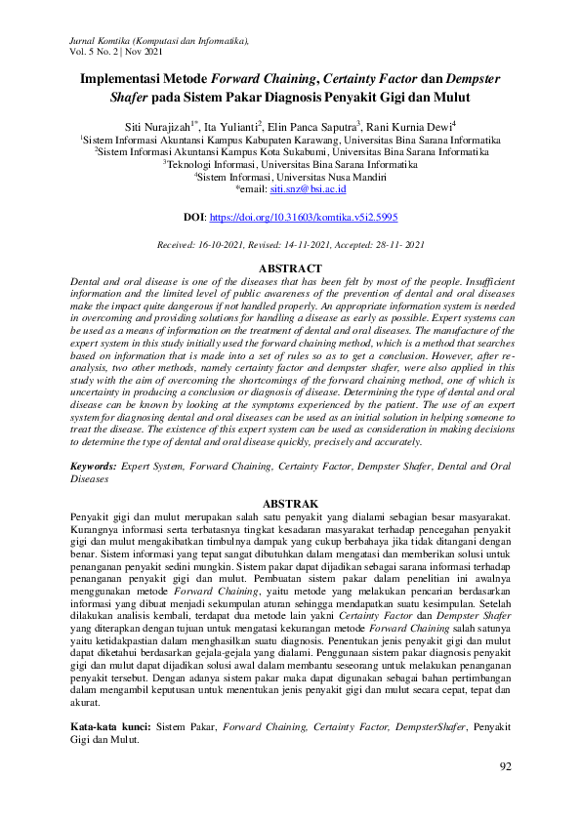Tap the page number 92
tap(505, 767)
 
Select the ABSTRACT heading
tap(290, 268)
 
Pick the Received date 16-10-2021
tap(230, 244)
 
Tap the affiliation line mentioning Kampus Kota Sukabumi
tap(290, 152)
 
